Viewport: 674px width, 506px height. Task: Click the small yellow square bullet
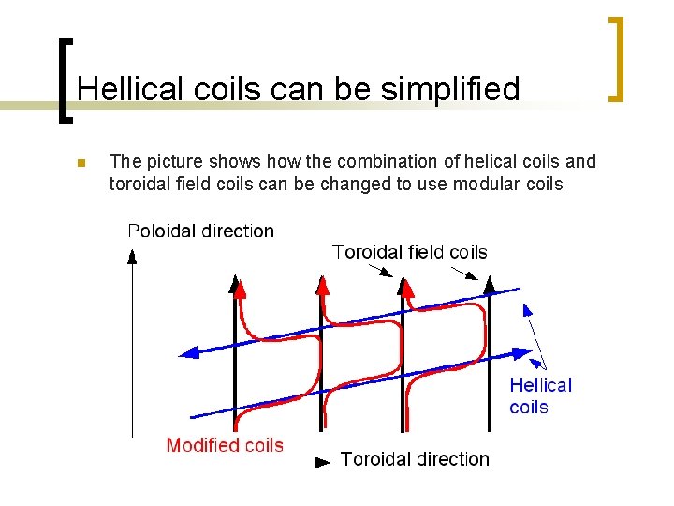tap(81, 164)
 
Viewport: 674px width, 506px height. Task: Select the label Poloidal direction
tap(200, 231)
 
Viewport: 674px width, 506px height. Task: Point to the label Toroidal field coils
tap(409, 251)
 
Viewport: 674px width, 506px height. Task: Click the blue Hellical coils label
tap(540, 395)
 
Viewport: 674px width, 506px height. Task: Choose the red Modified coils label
tap(225, 445)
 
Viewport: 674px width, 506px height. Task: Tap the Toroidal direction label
tap(415, 458)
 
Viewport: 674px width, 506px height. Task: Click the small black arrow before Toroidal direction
tap(323, 460)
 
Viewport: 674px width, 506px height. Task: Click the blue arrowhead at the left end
tap(188, 353)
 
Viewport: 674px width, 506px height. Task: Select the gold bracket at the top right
tap(616, 58)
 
